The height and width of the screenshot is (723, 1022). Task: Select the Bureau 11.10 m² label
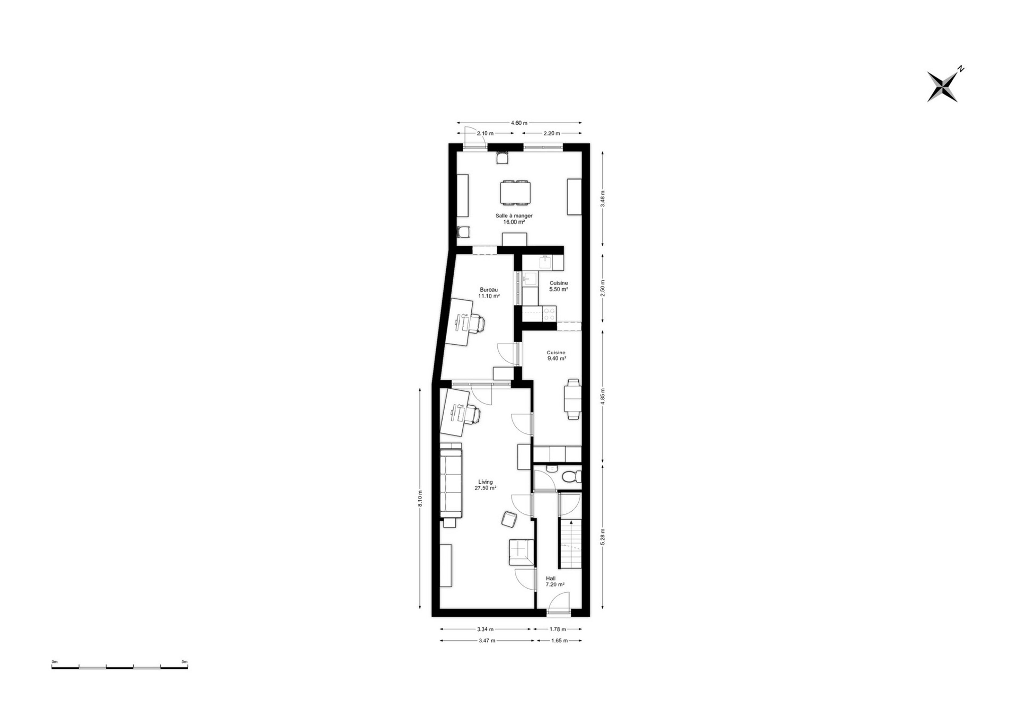click(x=489, y=292)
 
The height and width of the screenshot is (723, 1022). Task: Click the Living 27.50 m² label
click(x=485, y=485)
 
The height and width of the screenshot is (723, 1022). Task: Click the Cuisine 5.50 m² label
click(x=558, y=286)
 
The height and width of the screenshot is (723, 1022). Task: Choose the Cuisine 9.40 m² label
click(x=556, y=355)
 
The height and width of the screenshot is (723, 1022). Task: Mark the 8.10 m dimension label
click(x=419, y=499)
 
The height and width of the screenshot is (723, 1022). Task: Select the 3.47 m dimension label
click(x=487, y=641)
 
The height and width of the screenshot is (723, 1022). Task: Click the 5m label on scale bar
click(x=185, y=662)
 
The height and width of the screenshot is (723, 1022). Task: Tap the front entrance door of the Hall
click(x=559, y=605)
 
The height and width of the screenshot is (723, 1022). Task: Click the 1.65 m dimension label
click(x=559, y=641)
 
